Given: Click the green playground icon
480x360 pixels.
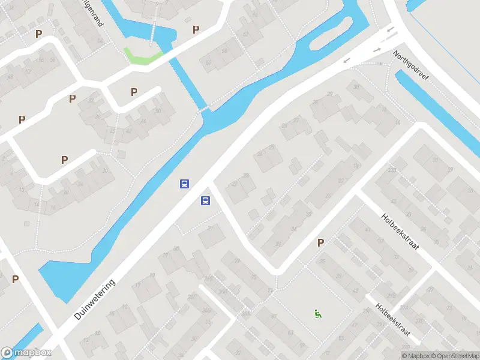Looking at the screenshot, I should [x=317, y=313].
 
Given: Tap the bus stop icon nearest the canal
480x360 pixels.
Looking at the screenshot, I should [x=185, y=184].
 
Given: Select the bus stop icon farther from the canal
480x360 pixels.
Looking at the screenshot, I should [x=205, y=201].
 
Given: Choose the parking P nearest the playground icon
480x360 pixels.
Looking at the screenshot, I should [x=320, y=242].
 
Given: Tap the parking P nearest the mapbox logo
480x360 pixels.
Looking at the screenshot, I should [x=15, y=279].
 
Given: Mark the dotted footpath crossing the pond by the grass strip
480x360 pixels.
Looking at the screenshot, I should [x=154, y=32].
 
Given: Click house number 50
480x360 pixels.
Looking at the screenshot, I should [x=158, y=111].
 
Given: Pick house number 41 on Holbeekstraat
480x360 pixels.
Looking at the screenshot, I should [x=368, y=230].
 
